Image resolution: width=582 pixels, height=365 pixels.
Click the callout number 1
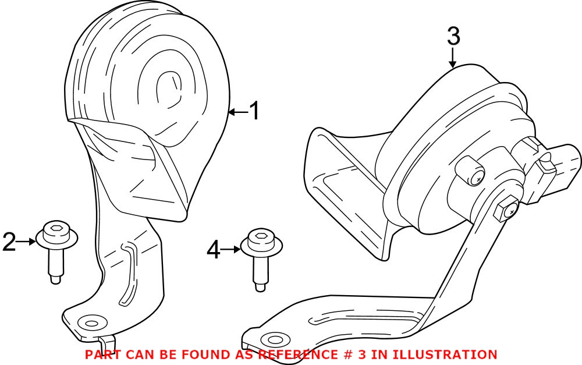coord(254,111)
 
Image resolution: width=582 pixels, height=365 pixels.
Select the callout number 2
coord(9,242)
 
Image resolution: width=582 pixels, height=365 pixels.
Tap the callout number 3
coord(453,36)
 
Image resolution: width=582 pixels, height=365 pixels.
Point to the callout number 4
coord(214,250)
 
